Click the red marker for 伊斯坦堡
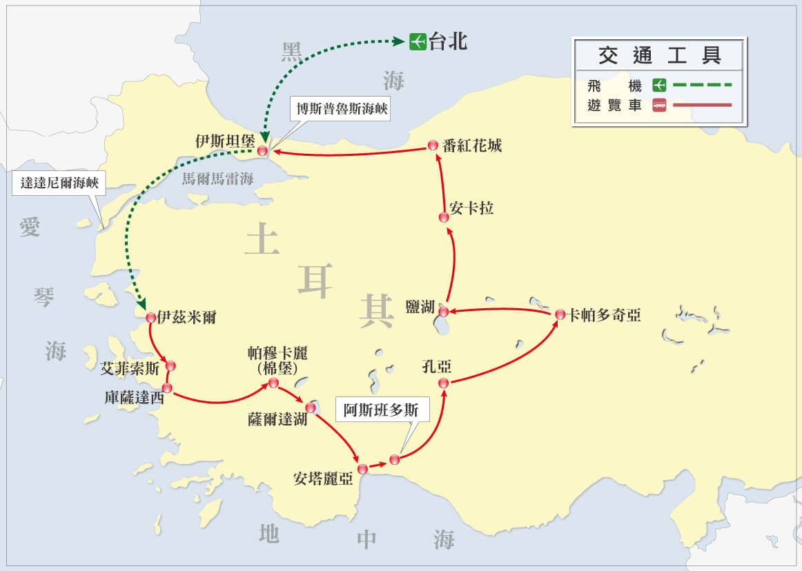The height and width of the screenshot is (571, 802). point(262,150)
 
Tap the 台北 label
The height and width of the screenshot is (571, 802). point(448,42)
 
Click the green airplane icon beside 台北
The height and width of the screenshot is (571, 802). point(417,42)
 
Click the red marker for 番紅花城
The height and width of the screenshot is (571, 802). point(433,145)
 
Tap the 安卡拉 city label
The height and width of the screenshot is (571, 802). point(471,208)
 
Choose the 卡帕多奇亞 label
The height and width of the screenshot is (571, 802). point(605,315)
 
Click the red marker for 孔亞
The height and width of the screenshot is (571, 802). point(444,383)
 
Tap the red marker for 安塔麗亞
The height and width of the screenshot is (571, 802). point(362,469)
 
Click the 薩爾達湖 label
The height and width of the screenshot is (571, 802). point(277,419)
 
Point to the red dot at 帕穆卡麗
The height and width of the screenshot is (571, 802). point(273,383)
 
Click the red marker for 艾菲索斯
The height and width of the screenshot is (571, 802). point(170,365)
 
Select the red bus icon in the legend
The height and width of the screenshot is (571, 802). point(659,106)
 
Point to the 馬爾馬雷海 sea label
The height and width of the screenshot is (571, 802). point(217,179)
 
